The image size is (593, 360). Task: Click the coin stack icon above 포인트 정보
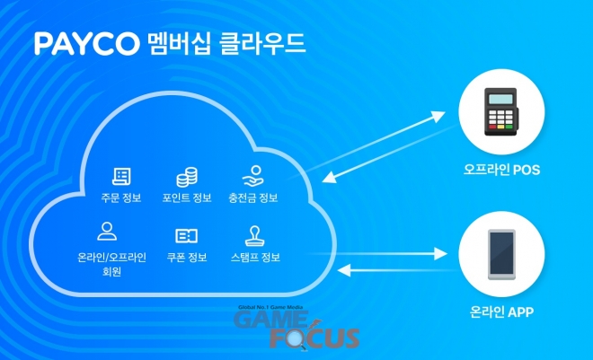(x=186, y=176)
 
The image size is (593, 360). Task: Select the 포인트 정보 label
(x=186, y=198)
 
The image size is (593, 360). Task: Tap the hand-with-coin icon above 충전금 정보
(x=252, y=176)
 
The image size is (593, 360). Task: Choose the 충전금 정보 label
(x=252, y=198)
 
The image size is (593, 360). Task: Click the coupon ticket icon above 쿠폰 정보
(x=186, y=235)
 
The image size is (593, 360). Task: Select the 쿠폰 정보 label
(x=186, y=258)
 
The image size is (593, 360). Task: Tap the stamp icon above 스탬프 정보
(x=252, y=235)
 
